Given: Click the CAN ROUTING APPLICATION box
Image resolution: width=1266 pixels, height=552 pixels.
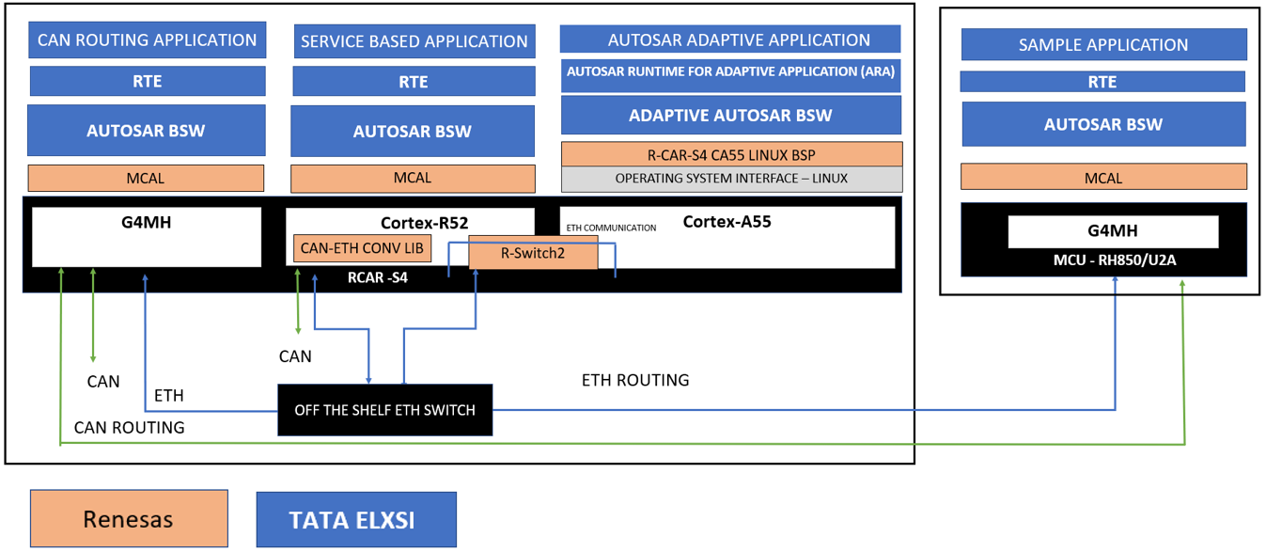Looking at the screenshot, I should (x=148, y=40).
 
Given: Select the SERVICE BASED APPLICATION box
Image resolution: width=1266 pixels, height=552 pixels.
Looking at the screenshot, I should (x=414, y=41).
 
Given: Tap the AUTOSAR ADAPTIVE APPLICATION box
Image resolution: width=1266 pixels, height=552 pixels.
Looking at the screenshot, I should (x=730, y=39).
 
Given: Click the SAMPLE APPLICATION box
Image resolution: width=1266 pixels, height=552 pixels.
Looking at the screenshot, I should (x=1103, y=44).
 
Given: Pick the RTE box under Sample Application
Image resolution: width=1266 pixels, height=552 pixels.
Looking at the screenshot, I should (x=1102, y=82).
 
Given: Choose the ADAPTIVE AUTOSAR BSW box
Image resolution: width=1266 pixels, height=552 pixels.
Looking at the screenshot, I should (x=730, y=116).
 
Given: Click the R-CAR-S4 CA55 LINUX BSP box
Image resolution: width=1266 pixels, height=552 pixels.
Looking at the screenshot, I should (x=731, y=155).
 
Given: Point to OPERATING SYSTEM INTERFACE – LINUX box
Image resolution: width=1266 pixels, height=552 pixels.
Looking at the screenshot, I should (x=731, y=179).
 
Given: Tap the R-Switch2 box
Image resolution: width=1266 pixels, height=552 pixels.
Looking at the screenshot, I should (x=533, y=252).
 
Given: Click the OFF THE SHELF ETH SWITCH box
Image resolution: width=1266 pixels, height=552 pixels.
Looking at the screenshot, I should (x=385, y=410).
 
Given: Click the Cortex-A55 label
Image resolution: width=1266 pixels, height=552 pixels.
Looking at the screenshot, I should (x=727, y=223).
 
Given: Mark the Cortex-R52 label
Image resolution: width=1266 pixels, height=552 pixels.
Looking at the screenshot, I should (x=424, y=223).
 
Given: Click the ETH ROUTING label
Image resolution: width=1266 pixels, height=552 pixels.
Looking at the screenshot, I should (x=635, y=380).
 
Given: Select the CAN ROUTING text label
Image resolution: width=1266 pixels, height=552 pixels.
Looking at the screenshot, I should (x=129, y=428).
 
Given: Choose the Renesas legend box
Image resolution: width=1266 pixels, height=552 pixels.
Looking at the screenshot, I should (x=129, y=518).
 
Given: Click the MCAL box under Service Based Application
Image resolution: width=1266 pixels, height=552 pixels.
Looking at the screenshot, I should (x=413, y=178).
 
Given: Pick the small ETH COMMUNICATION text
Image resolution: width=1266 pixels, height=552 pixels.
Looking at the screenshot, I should (x=611, y=228).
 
